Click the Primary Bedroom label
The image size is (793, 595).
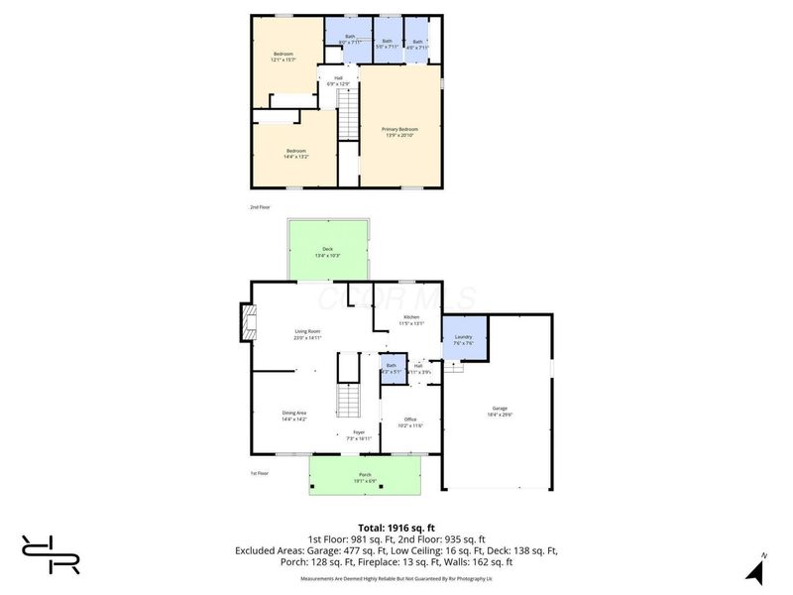coord(400,131)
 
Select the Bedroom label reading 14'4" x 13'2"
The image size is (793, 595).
coord(296,154)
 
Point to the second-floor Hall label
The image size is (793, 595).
coord(338,81)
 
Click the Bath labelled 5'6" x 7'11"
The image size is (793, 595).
coord(387,44)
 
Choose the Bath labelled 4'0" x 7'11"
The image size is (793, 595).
coord(417,44)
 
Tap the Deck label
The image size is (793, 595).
coord(327,252)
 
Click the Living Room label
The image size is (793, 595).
coord(307,334)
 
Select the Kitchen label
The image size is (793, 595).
coord(410,320)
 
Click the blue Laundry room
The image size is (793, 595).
coord(463,340)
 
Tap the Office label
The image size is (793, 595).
coord(410,422)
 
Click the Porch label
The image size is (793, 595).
coord(365,479)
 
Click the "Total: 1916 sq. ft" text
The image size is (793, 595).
coord(396,527)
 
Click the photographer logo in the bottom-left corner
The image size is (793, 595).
coord(51,553)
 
